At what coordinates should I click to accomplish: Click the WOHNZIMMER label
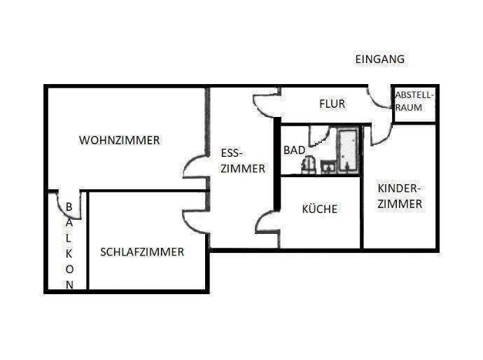[x=119, y=140]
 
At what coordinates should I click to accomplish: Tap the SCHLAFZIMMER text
[x=142, y=252]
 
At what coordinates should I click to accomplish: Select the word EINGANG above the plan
[x=379, y=60]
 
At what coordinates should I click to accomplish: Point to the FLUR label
[x=332, y=104]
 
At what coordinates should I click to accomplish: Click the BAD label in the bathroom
[x=294, y=150]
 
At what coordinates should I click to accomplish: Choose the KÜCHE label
[x=319, y=209]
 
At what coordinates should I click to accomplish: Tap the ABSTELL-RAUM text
[x=414, y=102]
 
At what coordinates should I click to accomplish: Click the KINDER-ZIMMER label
[x=400, y=196]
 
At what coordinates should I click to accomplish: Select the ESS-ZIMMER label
[x=242, y=160]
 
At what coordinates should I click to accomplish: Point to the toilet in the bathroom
[x=307, y=164]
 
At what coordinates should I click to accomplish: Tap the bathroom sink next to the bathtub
[x=328, y=166]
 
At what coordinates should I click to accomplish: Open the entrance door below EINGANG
[x=379, y=97]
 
